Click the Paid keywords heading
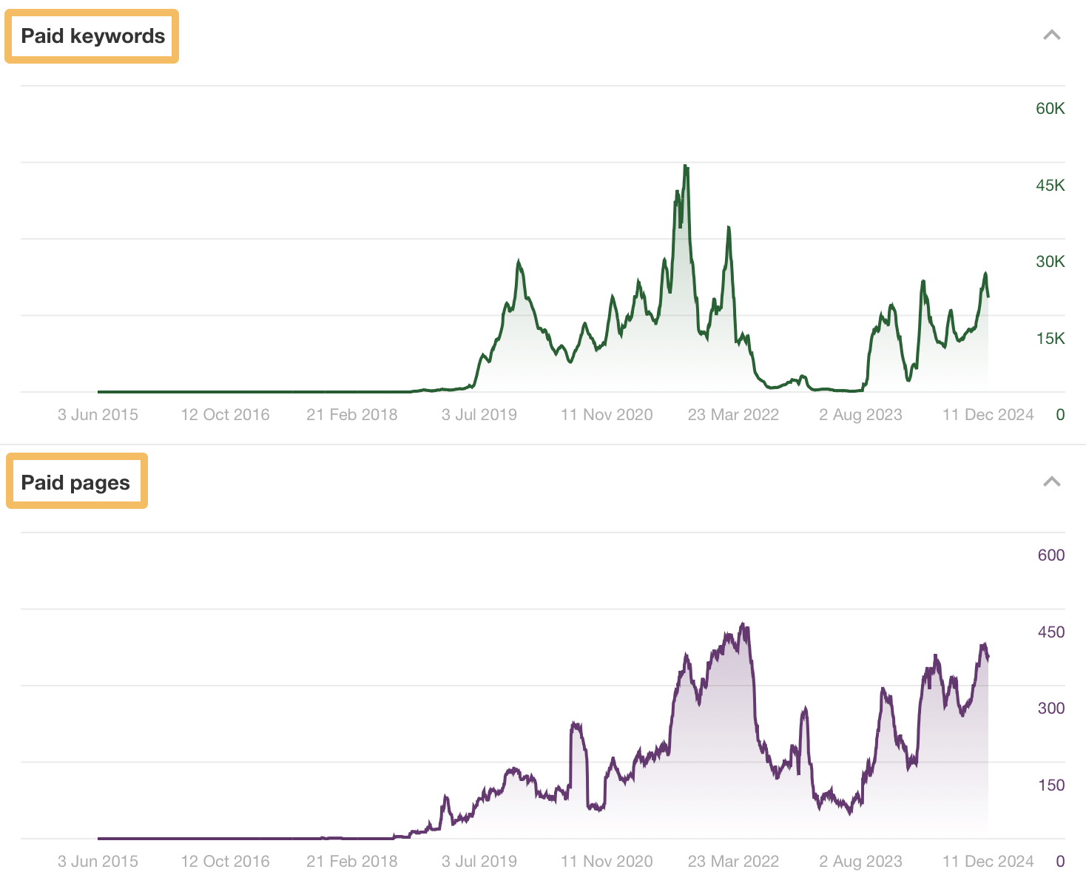pyautogui.click(x=92, y=36)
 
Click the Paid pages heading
pyautogui.click(x=75, y=483)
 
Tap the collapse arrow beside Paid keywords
pyautogui.click(x=1051, y=36)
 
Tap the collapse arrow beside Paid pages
pyautogui.click(x=1051, y=482)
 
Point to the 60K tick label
pyautogui.click(x=1050, y=109)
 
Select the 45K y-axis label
pyautogui.click(x=1050, y=186)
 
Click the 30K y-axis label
pyautogui.click(x=1050, y=262)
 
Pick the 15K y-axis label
pyautogui.click(x=1050, y=339)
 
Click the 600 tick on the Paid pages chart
pyautogui.click(x=1050, y=555)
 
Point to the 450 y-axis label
pyautogui.click(x=1050, y=632)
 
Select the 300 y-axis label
pyautogui.click(x=1050, y=709)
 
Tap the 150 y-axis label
pyautogui.click(x=1050, y=785)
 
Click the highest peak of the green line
pyautogui.click(x=686, y=166)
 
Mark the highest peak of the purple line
pyautogui.click(x=743, y=625)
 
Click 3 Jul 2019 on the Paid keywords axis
pyautogui.click(x=479, y=415)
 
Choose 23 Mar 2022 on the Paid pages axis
pyautogui.click(x=733, y=862)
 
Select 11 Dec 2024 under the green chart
pyautogui.click(x=988, y=415)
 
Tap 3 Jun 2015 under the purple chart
pyautogui.click(x=98, y=862)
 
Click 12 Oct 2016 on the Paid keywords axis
pyautogui.click(x=225, y=415)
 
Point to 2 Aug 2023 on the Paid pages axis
pyautogui.click(x=860, y=862)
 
